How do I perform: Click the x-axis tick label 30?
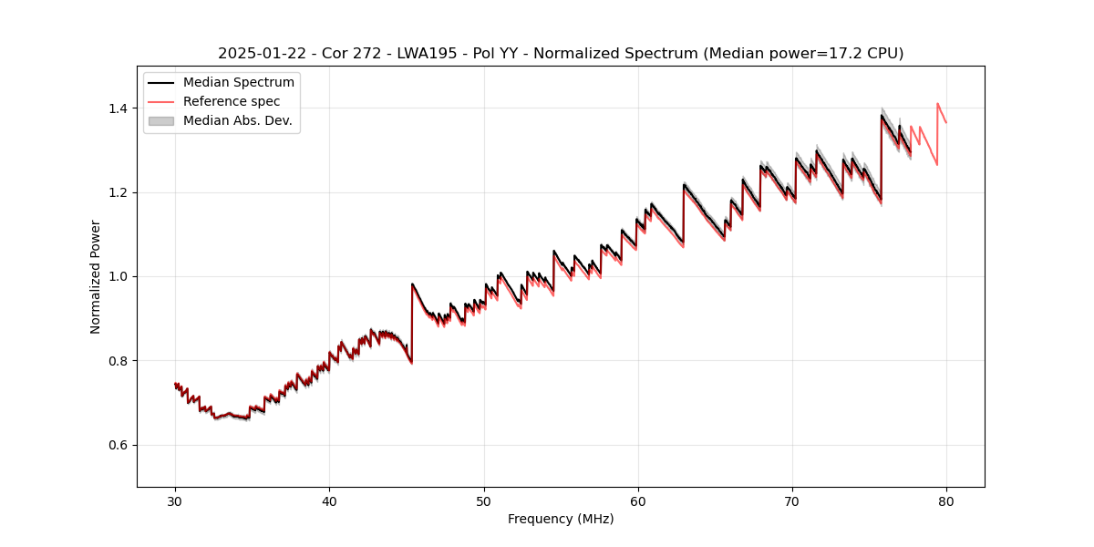tap(175, 501)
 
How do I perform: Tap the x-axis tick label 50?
tap(484, 501)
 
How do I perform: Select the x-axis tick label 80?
tap(946, 501)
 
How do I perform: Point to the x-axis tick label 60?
tap(638, 501)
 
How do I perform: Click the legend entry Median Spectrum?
tap(239, 83)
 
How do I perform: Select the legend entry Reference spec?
tap(232, 101)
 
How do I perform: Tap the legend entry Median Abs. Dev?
tap(238, 120)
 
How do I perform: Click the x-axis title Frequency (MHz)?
tap(561, 519)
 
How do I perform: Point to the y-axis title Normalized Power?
tap(96, 276)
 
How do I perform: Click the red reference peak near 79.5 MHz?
tap(937, 103)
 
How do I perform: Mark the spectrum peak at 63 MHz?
tap(684, 184)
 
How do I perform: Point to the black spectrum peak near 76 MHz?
tap(882, 115)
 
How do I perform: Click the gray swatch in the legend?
tap(160, 120)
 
